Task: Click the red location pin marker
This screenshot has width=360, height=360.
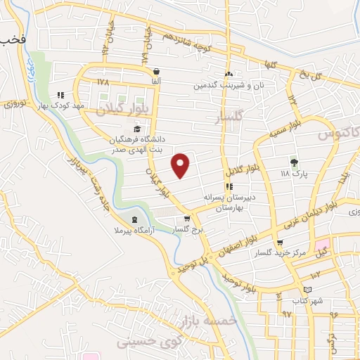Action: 181,165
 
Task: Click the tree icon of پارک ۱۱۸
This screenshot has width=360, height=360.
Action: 294,161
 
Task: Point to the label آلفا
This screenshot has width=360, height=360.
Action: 155,82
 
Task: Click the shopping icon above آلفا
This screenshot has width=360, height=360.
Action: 155,72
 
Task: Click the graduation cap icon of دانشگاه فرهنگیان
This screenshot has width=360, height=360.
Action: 137,129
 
